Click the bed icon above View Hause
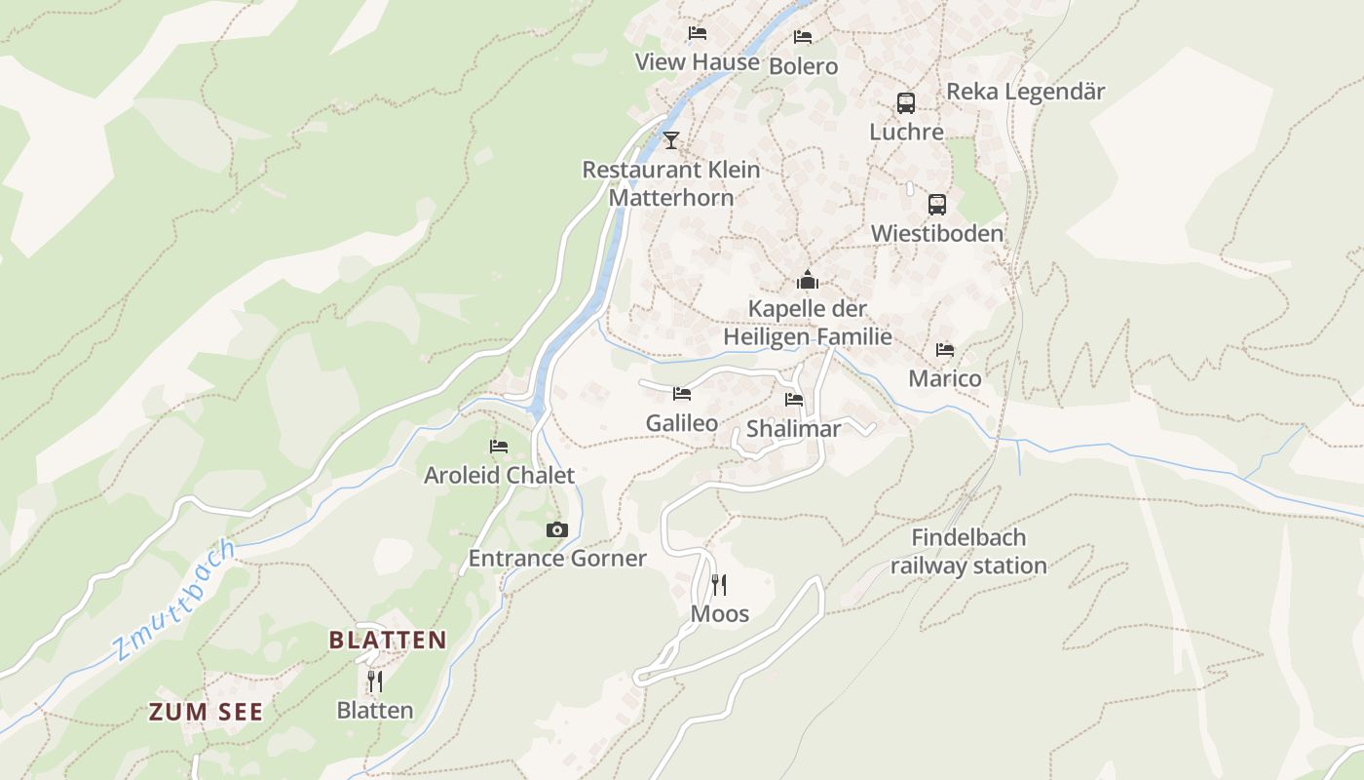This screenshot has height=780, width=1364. click(x=697, y=33)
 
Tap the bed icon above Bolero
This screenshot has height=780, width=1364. click(x=803, y=37)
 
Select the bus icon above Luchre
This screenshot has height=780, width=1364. click(x=906, y=102)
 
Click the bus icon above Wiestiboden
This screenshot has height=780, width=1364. click(x=936, y=205)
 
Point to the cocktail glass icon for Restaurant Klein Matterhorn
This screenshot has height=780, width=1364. click(x=670, y=140)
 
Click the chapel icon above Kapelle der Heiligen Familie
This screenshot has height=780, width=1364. click(x=807, y=281)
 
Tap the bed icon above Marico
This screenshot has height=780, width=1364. click(x=944, y=350)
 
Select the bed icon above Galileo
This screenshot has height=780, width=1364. click(x=682, y=394)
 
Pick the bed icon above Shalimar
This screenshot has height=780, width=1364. click(x=794, y=400)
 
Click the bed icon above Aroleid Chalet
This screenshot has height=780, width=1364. click(x=499, y=447)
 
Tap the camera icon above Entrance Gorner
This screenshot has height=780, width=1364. click(x=556, y=529)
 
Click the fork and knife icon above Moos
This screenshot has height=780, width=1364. click(x=719, y=585)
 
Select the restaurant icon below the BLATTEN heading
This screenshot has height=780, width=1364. click(x=374, y=681)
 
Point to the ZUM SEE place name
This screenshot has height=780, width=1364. click(x=206, y=712)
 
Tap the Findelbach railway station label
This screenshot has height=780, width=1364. click(x=967, y=552)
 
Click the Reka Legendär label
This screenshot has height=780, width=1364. click(x=1026, y=92)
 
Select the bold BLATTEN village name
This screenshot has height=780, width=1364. click(x=388, y=641)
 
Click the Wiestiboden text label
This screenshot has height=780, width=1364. click(x=936, y=234)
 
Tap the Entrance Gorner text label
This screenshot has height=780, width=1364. click(x=557, y=559)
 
